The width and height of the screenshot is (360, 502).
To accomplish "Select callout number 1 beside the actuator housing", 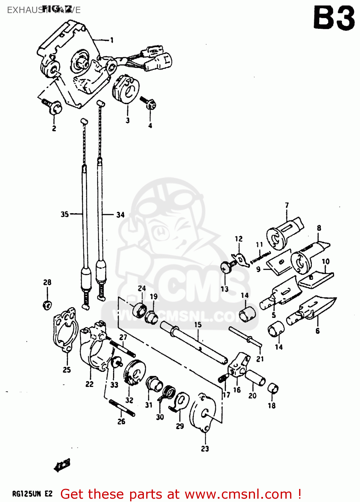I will click(x=112, y=40).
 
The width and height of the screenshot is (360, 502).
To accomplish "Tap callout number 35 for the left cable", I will click(x=65, y=214).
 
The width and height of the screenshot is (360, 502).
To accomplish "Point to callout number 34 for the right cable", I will click(x=120, y=215).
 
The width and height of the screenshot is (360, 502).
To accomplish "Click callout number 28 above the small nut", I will click(x=47, y=282).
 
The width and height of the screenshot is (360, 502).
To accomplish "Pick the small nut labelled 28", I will click(x=47, y=305).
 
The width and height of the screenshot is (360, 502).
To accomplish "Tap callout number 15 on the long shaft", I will click(x=198, y=325).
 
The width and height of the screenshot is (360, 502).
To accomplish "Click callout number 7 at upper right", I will click(x=287, y=205).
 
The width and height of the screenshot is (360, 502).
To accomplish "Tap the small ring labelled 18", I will click(x=273, y=389).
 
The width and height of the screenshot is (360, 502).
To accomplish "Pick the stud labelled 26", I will click(x=122, y=408).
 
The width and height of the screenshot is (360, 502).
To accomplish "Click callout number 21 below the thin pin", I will click(x=260, y=359).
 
